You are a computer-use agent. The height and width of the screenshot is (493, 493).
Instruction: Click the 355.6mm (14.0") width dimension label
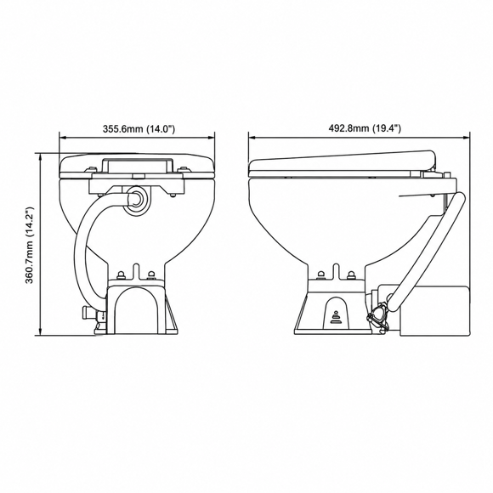pos(139,128)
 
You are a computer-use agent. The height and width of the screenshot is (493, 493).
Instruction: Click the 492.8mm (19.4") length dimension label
pos(365,128)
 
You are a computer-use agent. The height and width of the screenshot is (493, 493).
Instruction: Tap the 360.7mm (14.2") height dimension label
pos(29,246)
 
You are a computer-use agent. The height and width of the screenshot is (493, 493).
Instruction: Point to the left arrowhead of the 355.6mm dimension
pos(63,137)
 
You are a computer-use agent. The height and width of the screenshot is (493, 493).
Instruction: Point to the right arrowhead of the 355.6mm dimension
pos(211,137)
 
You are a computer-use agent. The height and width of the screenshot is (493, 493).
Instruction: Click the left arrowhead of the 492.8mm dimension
pos(252,137)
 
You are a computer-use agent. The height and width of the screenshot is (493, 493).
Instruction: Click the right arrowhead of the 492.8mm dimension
pos(466,137)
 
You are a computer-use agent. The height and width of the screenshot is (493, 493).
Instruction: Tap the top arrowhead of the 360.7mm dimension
pos(40,157)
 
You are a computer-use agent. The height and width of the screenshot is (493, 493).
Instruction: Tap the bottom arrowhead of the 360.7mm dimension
pos(40,331)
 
